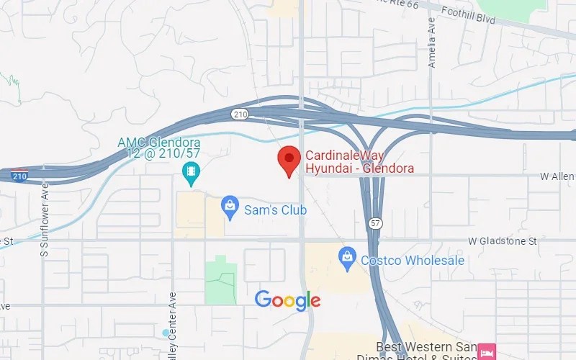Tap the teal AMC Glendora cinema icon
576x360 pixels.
[x=192, y=171]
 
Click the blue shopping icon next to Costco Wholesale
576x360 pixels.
[x=347, y=256]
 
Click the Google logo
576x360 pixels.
[x=287, y=300]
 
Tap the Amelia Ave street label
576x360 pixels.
[x=432, y=52]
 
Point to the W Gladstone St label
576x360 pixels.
[x=503, y=241]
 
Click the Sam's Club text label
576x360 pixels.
[x=275, y=210]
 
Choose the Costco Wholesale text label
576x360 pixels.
[x=413, y=261]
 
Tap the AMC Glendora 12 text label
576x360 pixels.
[x=158, y=147]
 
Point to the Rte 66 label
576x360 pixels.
[x=395, y=4]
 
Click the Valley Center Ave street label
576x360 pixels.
[x=173, y=324]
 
